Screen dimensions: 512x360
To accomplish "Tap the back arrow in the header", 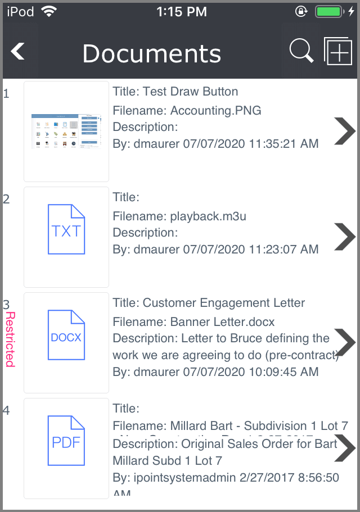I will tap(18, 52).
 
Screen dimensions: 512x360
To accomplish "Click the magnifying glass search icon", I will tap(301, 52).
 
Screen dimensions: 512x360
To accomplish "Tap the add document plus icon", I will tap(337, 52).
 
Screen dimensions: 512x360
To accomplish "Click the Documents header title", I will tap(151, 53).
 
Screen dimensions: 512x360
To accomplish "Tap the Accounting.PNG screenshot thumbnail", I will tap(66, 132).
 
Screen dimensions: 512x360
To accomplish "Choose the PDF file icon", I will tap(66, 441).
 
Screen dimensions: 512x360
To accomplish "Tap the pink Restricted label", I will tap(10, 339).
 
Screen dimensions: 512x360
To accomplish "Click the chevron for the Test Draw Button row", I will tap(344, 131).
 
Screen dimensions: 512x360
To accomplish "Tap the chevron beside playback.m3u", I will tap(344, 236).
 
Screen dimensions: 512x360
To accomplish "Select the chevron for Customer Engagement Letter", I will tap(344, 342).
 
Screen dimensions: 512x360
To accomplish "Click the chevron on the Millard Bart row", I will tap(344, 447).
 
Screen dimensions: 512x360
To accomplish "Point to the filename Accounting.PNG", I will tap(215, 110).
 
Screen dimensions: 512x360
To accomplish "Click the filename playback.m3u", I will tap(208, 216).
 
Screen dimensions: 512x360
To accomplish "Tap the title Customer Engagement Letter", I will tap(223, 303).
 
